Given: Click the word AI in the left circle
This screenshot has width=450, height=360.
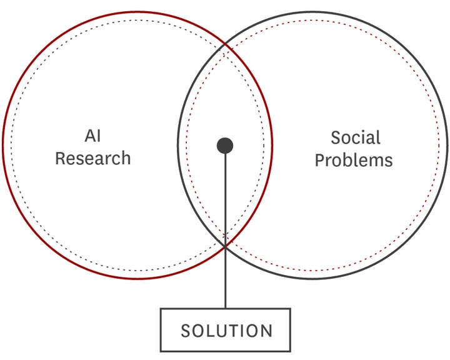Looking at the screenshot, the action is pos(92,136).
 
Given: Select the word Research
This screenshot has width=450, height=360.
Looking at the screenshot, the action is pos(93,158).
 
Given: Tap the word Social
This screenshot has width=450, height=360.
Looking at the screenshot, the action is pos(356,137).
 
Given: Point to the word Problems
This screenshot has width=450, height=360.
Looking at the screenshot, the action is pos(354,160).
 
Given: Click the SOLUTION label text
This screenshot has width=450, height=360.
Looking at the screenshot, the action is pos(226,331).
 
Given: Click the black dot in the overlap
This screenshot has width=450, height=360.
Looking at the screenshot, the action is pos(225,146).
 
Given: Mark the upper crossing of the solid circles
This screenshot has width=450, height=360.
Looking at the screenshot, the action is pos(225,45).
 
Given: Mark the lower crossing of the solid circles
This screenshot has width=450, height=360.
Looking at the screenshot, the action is pos(225,246).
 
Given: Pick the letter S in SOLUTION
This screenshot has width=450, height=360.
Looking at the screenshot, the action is pos(186,331).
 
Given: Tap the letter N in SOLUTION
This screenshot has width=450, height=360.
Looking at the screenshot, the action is pos(267,331).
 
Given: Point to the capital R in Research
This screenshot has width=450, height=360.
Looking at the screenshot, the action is pos(60,158).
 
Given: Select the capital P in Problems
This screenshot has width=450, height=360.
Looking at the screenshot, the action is pos(320,160).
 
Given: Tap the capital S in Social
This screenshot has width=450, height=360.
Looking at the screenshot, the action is pos(336,137).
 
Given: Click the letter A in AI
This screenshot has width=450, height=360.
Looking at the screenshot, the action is pos(90,136).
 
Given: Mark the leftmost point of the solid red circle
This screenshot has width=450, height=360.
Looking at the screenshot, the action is pos(3,145).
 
